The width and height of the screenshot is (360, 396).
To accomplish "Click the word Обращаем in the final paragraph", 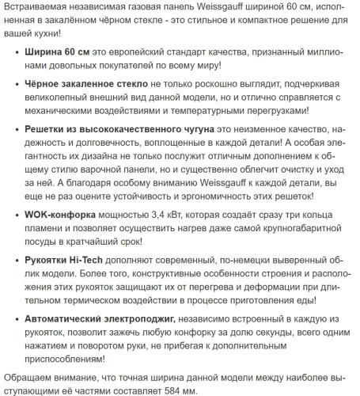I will tap(28, 377).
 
